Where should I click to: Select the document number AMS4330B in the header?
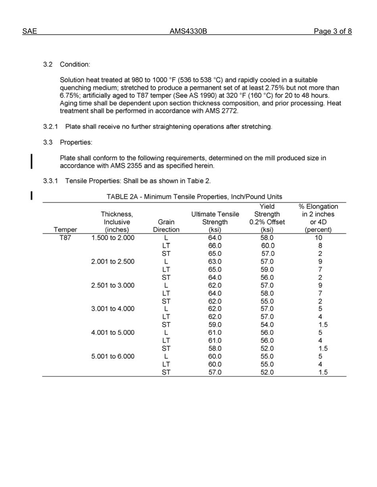click(x=188, y=32)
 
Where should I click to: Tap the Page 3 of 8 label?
click(x=333, y=32)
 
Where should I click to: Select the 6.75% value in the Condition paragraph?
click(x=70, y=95)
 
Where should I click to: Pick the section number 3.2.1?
click(x=51, y=127)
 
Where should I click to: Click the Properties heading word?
click(x=76, y=142)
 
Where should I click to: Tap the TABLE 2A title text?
click(x=194, y=196)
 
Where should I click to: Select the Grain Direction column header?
click(x=166, y=226)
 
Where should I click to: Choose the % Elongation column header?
click(x=318, y=206)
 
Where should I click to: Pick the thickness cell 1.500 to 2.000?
click(x=113, y=238)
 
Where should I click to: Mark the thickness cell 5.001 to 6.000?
click(x=113, y=356)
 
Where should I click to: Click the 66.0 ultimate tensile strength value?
click(x=215, y=246)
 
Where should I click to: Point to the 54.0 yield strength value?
click(x=267, y=325)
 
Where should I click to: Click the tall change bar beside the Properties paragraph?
click(x=32, y=162)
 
